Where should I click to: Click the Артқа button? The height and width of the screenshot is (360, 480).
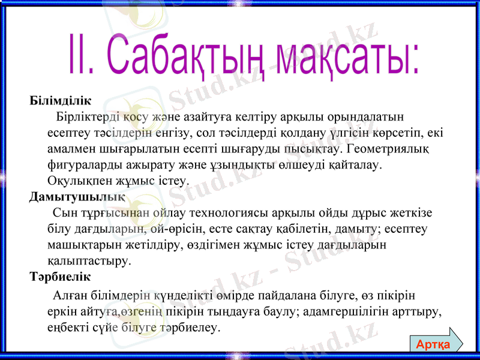click(x=434, y=344)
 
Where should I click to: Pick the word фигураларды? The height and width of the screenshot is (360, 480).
click(x=81, y=164)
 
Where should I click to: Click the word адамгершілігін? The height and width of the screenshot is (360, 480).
click(x=349, y=312)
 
